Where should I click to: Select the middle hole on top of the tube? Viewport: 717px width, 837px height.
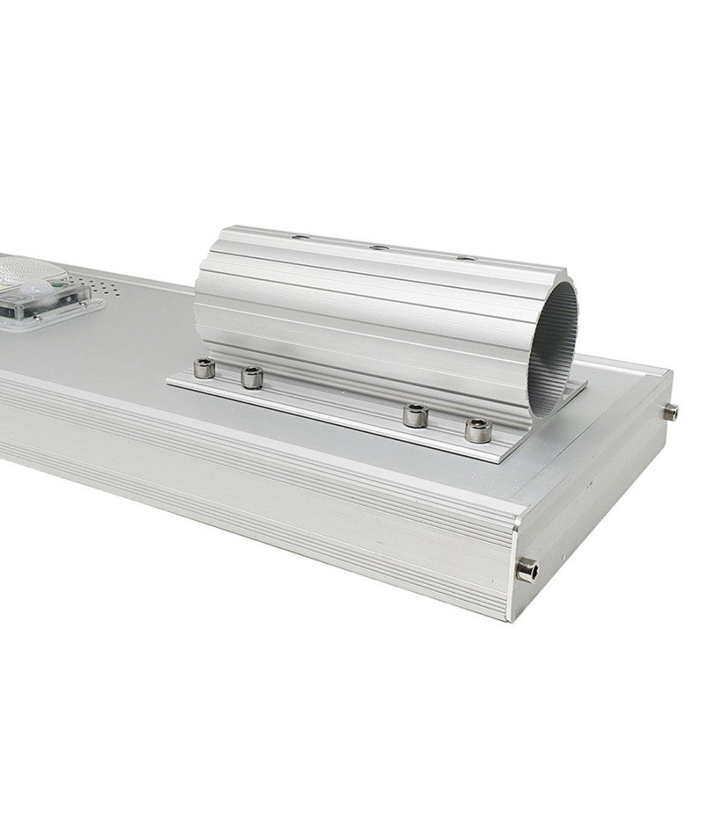point(379,248)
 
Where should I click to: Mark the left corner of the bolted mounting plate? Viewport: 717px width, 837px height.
point(169,381)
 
